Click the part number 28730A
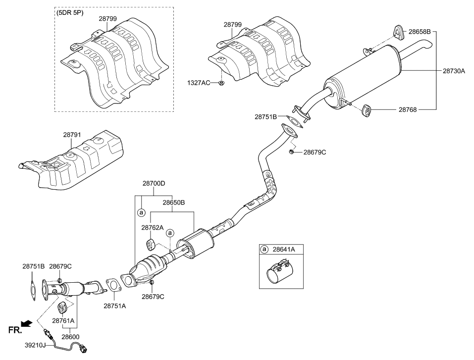click(x=454, y=71)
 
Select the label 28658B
click(x=419, y=31)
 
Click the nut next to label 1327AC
click(x=221, y=83)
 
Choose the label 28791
click(x=73, y=134)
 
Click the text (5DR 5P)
click(x=70, y=12)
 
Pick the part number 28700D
click(x=154, y=183)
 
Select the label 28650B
click(x=173, y=203)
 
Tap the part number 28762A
click(x=152, y=228)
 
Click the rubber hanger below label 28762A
click(x=151, y=244)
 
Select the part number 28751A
click(x=114, y=306)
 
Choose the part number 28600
click(x=70, y=337)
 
